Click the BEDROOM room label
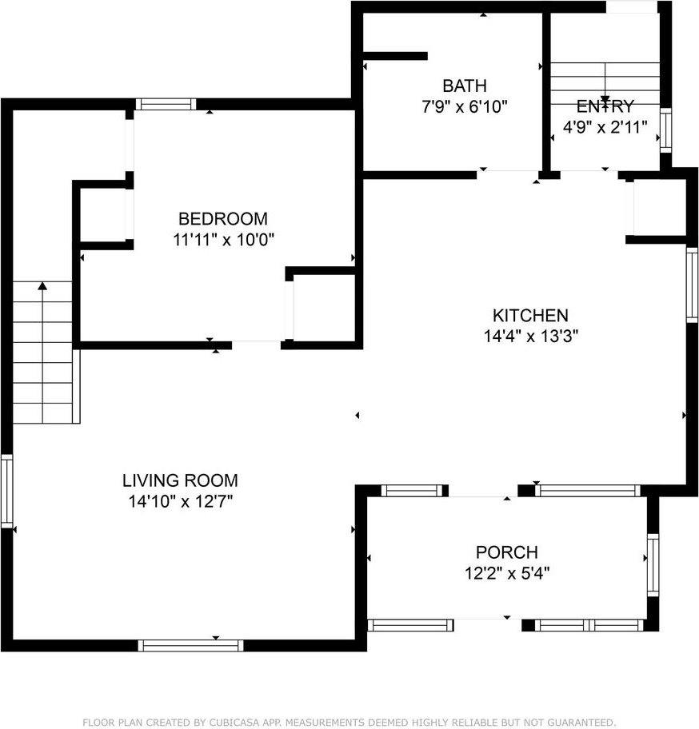tap(222, 218)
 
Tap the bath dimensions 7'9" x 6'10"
tap(465, 106)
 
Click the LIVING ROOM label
tap(180, 480)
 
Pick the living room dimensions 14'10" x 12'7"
tap(180, 501)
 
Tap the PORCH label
tap(506, 552)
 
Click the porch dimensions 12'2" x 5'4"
tap(506, 572)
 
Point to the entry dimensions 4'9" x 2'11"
tap(605, 125)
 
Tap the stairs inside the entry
tap(605, 80)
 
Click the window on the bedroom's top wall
tap(165, 104)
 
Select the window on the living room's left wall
tap(7, 490)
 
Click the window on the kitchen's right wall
tap(692, 285)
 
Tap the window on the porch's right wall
tap(653, 566)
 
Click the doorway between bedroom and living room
tap(256, 345)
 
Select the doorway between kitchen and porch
tap(482, 490)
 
